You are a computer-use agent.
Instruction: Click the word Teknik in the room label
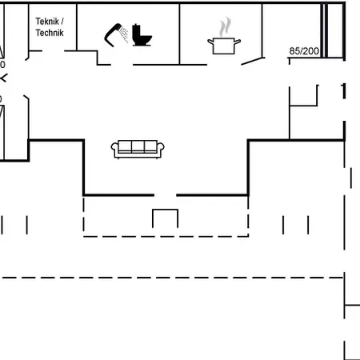point(47,22)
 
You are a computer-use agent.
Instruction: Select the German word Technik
point(50,33)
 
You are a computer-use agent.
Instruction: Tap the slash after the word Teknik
point(62,22)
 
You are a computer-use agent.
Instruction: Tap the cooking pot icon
point(223,45)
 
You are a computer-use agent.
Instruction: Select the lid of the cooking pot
point(223,37)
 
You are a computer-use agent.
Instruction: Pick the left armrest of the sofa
point(116,149)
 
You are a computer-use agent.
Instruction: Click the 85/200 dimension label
point(304,51)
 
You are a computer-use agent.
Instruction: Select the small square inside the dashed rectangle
point(166,218)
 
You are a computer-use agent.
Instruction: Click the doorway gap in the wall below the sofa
point(166,194)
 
